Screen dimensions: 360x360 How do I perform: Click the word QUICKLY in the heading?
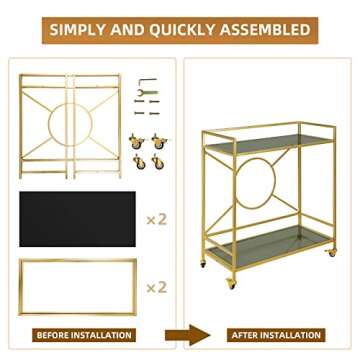(x=180, y=29)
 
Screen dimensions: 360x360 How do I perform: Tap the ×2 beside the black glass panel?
(x=155, y=218)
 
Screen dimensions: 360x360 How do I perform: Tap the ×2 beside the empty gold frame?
(x=155, y=287)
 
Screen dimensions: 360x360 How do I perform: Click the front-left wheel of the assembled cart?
(x=232, y=285)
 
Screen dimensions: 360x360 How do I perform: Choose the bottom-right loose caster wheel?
(x=157, y=161)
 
